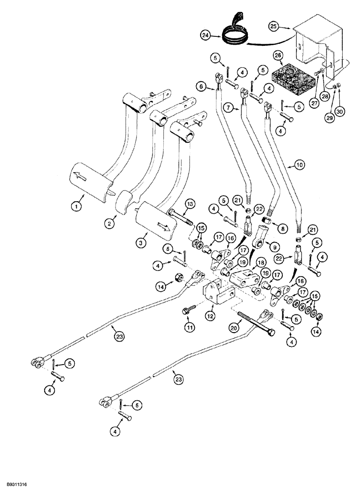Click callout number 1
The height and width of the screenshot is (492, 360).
pyautogui.click(x=76, y=207)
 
